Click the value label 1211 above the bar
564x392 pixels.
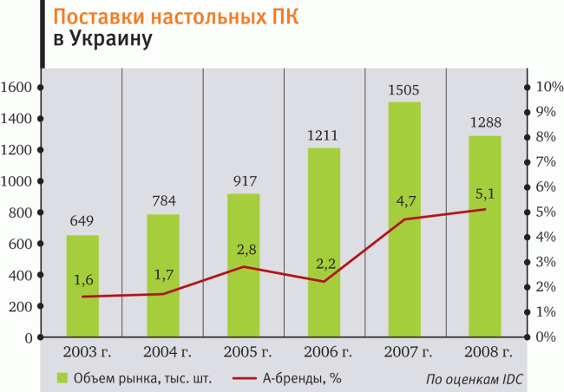tap(324, 136)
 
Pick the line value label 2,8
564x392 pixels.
tap(246, 250)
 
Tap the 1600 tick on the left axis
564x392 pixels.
tap(16, 88)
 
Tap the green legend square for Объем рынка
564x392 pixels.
tap(62, 377)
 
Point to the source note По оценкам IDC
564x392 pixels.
tap(476, 379)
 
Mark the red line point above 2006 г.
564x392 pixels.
tap(324, 281)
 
